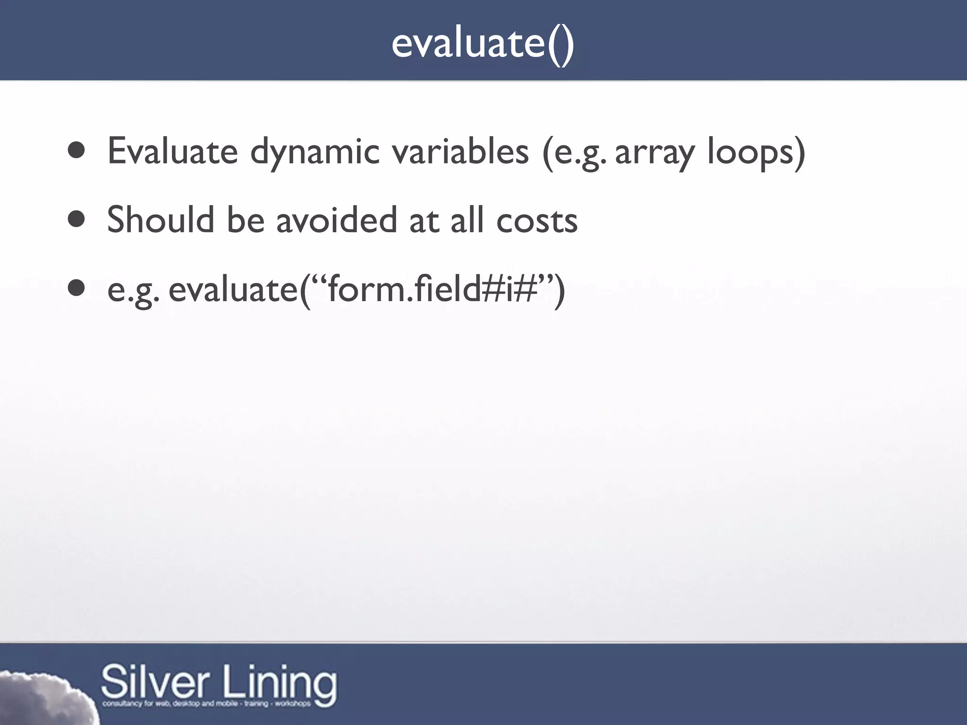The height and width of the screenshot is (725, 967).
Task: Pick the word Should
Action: click(160, 219)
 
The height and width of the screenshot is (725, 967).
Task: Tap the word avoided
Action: click(336, 219)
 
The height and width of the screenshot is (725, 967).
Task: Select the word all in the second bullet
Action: click(467, 219)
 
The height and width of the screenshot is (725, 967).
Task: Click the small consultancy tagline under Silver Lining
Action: click(206, 704)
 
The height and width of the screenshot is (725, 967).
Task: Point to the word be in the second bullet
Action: click(246, 219)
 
